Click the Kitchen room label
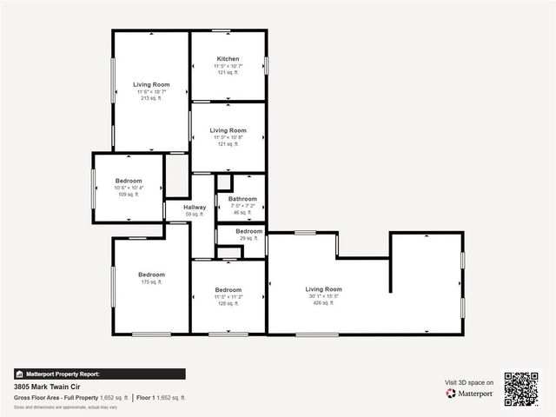228,59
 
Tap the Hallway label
195,207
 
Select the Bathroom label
242,199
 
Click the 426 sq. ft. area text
323,303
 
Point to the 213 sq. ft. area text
151,99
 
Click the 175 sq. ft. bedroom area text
151,281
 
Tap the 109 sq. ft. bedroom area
129,195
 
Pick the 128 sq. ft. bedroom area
228,304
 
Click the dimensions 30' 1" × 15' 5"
323,296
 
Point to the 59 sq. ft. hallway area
195,214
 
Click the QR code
521,388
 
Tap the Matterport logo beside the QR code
470,394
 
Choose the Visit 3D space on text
469,382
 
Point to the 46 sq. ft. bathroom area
242,212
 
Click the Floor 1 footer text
161,397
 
